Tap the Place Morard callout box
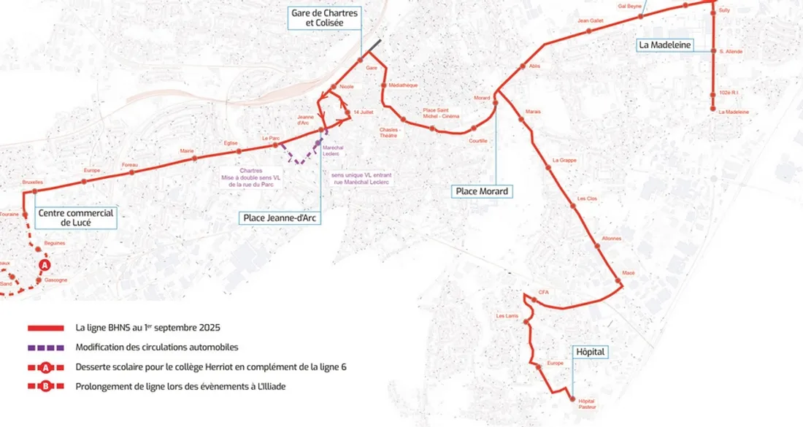click(481, 191)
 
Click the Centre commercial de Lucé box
click(75, 217)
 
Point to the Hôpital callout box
click(591, 352)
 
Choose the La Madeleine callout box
click(664, 45)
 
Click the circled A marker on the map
click(45, 264)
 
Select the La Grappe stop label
click(564, 160)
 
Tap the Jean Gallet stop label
click(590, 20)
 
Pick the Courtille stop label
click(478, 140)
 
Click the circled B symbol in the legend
click(45, 387)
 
